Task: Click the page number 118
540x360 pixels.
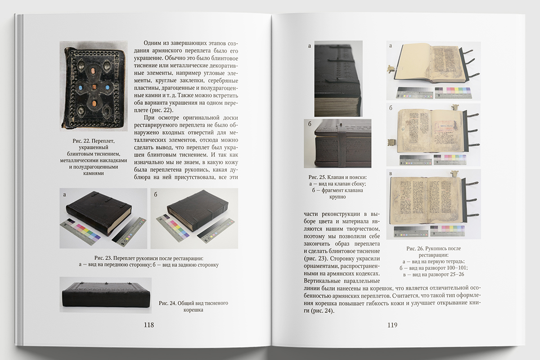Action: (x=149, y=325)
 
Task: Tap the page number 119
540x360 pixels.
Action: (x=392, y=325)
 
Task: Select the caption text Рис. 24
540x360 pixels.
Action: (x=167, y=303)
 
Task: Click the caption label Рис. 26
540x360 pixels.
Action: (x=415, y=248)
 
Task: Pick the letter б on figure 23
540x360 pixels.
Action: (x=156, y=194)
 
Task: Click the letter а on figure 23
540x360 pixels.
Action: (x=64, y=194)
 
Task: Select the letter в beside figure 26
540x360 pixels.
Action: (x=391, y=173)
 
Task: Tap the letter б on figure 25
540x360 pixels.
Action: (x=310, y=124)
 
